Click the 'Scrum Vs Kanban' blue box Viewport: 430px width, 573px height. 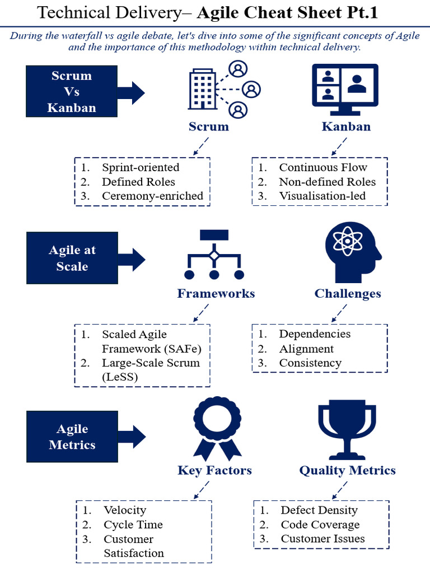72,92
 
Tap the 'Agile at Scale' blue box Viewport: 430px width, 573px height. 72,259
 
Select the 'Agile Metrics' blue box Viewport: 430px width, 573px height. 72,437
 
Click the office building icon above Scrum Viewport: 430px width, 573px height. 203,91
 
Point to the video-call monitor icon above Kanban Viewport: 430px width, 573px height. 345,90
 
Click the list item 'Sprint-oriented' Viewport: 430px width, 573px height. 141,167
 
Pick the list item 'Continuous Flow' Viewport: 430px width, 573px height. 323,167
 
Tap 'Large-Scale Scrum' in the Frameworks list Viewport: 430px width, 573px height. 151,363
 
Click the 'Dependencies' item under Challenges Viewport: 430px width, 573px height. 315,334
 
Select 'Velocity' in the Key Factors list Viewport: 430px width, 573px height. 125,510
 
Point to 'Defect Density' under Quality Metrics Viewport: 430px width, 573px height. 319,510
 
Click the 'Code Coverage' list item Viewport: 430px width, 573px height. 320,524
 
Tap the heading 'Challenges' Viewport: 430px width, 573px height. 347,294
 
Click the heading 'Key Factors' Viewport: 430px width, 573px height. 214,470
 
